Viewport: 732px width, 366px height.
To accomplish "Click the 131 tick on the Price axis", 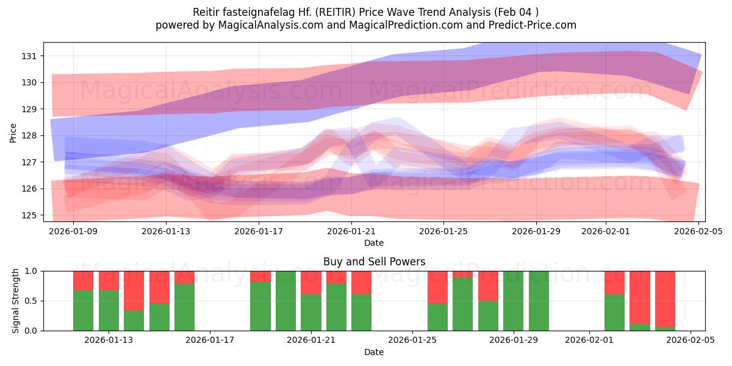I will point(30,56).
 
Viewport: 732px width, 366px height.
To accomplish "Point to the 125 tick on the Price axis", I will point(30,215).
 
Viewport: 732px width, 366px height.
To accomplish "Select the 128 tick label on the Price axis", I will point(30,135).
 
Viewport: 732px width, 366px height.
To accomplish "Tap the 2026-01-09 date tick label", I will point(73,231).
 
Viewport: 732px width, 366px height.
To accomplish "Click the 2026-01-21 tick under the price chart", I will point(351,231).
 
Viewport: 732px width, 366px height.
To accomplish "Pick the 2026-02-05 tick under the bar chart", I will point(691,340).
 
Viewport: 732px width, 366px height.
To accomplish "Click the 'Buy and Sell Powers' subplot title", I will point(374,262).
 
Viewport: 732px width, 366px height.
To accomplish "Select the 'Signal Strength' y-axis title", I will point(16,301).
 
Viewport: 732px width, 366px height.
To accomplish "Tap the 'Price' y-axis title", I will point(13,132).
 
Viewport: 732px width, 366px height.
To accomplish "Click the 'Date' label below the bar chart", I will point(374,352).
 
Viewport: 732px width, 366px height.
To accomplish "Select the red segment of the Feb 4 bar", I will point(665,299).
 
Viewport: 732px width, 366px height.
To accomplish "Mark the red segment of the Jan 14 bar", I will point(134,290).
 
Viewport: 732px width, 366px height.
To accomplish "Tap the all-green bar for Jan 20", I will point(285,301).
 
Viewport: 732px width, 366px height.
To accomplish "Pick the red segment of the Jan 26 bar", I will point(437,287).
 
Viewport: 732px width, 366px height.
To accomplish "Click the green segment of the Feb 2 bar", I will point(614,312).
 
